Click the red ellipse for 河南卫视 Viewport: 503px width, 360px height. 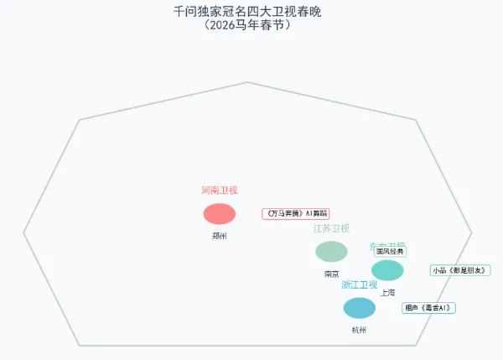[220, 214]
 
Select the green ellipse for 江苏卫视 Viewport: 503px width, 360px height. [331, 251]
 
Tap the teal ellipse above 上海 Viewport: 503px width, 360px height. [387, 270]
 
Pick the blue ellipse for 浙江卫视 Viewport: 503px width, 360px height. [360, 308]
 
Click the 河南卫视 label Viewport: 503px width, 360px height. [220, 190]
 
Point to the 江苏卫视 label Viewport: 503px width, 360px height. [331, 228]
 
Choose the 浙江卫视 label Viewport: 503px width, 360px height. [360, 285]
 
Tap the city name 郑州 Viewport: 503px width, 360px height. [220, 236]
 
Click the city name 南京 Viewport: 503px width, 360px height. [331, 274]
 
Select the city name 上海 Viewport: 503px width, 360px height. [387, 293]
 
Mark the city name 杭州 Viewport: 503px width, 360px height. [360, 330]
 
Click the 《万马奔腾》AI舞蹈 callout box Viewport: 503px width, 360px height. [296, 214]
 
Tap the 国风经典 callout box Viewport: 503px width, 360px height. [390, 251]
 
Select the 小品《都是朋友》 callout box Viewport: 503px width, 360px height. [459, 270]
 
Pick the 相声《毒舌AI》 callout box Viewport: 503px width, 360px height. [428, 308]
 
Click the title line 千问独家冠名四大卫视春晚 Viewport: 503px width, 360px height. [247, 12]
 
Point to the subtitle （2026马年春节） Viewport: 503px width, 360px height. [247, 25]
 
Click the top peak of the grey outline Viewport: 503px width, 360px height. [247, 82]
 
